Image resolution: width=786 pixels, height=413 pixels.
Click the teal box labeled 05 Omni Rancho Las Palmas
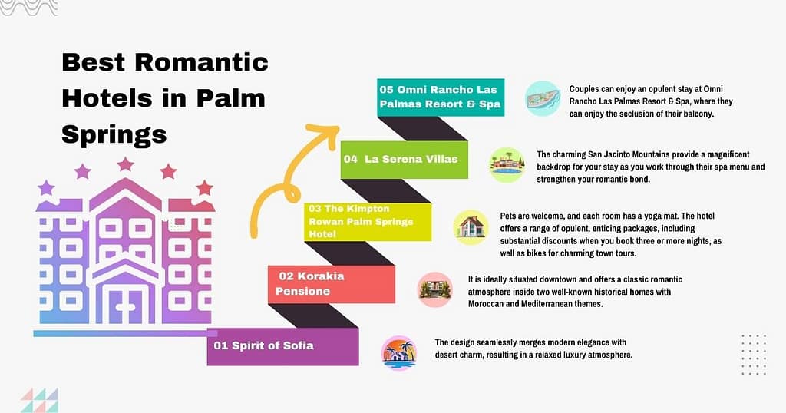click(x=441, y=97)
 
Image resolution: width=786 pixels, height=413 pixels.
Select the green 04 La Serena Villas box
click(x=404, y=160)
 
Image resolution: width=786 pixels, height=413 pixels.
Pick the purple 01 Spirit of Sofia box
click(x=282, y=345)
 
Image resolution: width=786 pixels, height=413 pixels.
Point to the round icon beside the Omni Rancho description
click(x=543, y=98)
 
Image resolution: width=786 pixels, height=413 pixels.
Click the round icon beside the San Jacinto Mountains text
click(x=507, y=164)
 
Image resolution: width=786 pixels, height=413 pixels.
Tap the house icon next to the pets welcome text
click(x=471, y=227)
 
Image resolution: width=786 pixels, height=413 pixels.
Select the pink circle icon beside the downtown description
click(x=434, y=289)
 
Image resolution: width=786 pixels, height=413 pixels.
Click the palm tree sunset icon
click(x=399, y=353)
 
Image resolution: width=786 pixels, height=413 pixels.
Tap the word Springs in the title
click(x=114, y=134)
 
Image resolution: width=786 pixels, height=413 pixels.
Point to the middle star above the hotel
click(x=125, y=164)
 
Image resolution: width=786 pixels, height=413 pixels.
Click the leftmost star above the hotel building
click(x=46, y=187)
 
